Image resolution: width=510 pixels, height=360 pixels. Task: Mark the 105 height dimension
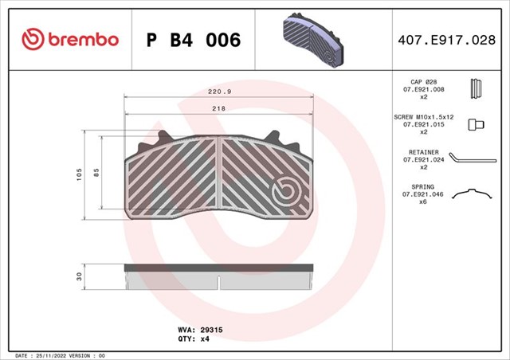point(79,174)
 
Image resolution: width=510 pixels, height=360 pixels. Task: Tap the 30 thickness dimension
point(79,276)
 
